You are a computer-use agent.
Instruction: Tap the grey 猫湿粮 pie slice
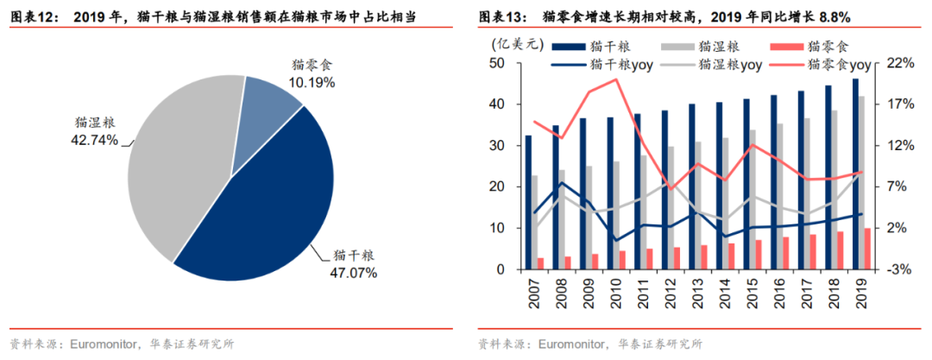coord(177,164)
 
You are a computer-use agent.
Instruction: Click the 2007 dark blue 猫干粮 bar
coord(529,202)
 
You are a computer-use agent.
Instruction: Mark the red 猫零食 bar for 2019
coord(867,249)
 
